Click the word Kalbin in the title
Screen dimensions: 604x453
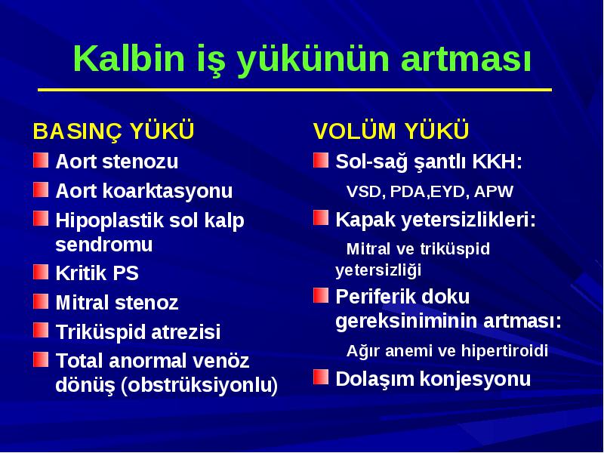pyautogui.click(x=129, y=58)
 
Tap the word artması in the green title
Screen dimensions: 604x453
pyautogui.click(x=466, y=60)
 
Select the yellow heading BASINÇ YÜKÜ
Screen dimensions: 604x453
pyautogui.click(x=113, y=131)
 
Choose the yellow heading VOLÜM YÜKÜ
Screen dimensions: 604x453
pyautogui.click(x=390, y=131)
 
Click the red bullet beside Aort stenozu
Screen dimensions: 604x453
pyautogui.click(x=41, y=160)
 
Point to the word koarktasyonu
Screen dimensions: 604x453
pyautogui.click(x=168, y=191)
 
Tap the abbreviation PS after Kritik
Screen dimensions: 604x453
pyautogui.click(x=125, y=273)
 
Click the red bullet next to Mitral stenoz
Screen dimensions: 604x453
pyautogui.click(x=41, y=301)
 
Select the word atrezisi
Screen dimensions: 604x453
pyautogui.click(x=186, y=332)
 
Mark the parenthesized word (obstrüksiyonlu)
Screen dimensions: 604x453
pyautogui.click(x=199, y=385)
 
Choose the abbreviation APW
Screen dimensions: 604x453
pyautogui.click(x=494, y=192)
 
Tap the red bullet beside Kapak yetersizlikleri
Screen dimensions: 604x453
pyautogui.click(x=321, y=217)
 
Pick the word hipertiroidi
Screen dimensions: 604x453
pyautogui.click(x=504, y=351)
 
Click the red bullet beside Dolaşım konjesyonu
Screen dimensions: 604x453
pyautogui.click(x=321, y=377)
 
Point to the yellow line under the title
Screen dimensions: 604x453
pyautogui.click(x=294, y=90)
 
